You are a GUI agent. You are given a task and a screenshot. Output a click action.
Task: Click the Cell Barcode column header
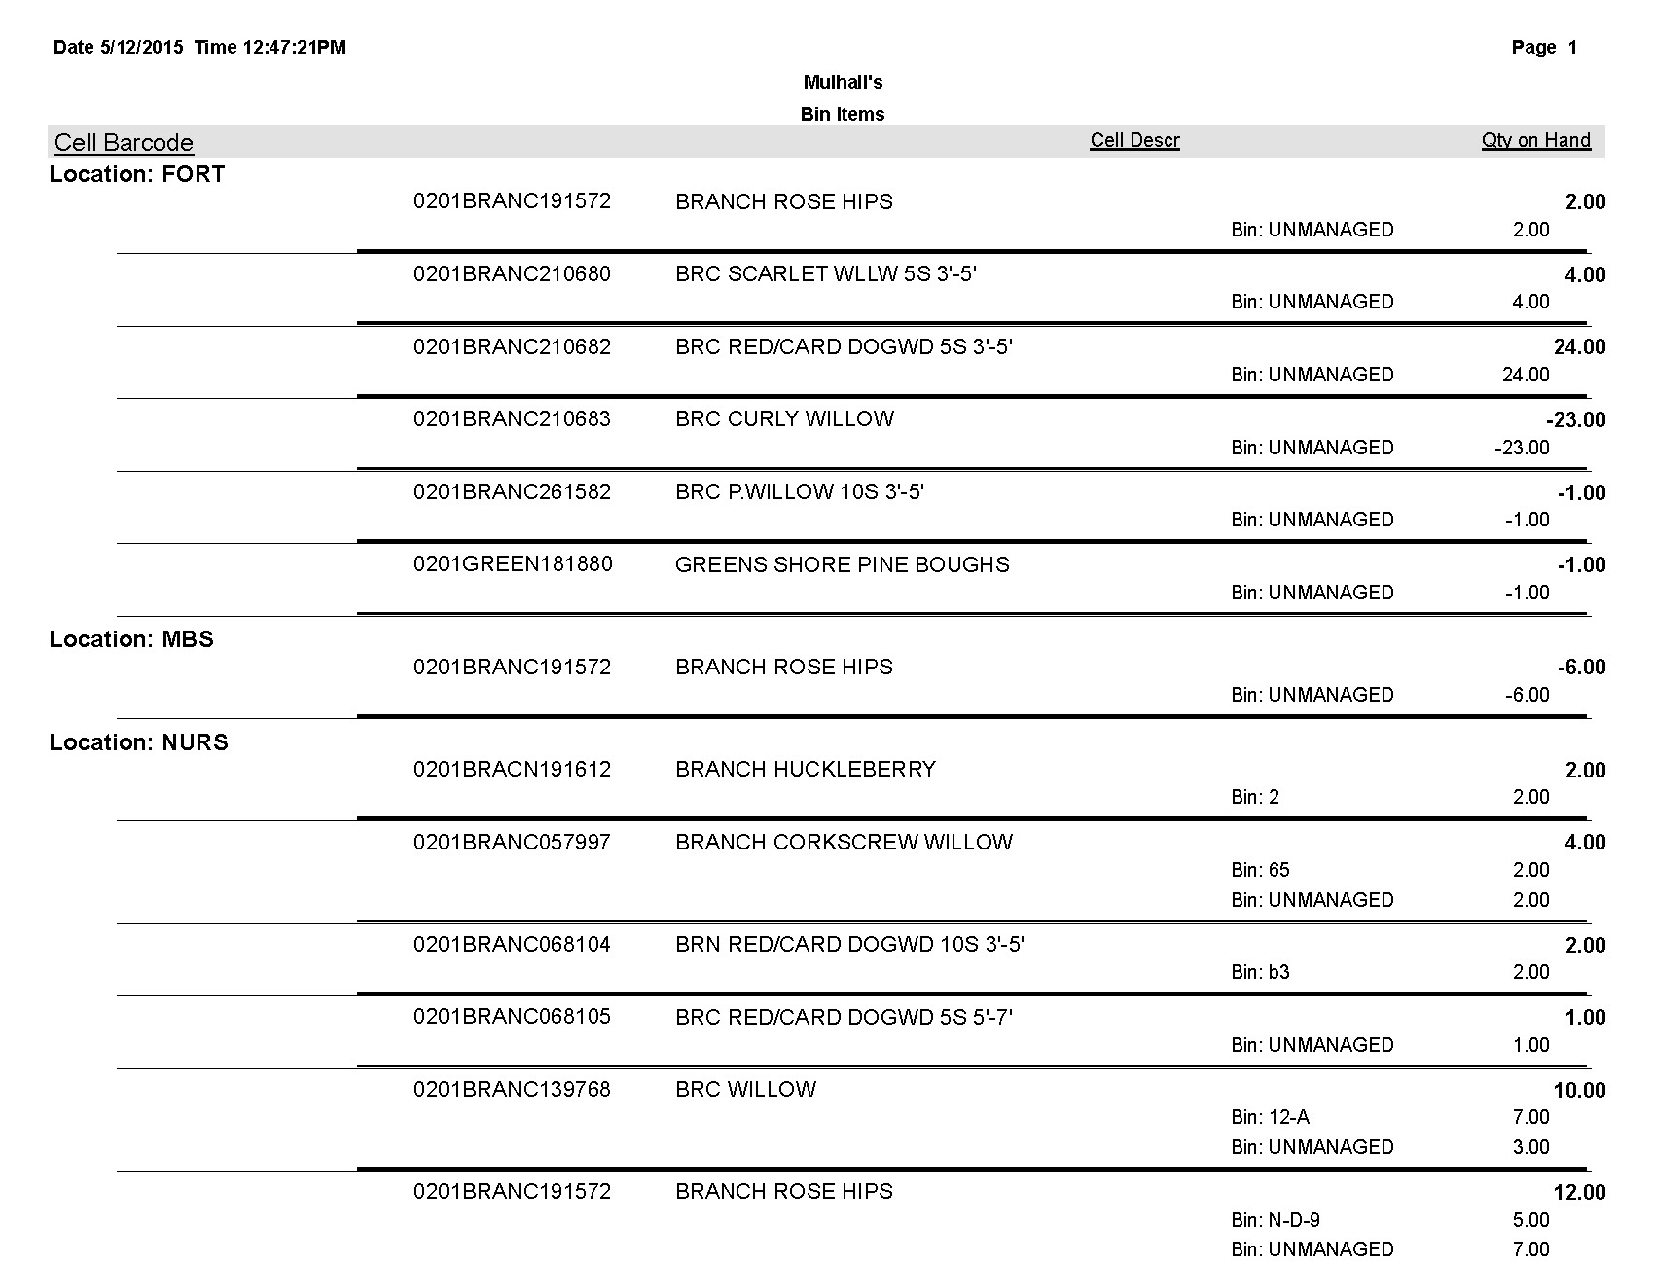pyautogui.click(x=124, y=143)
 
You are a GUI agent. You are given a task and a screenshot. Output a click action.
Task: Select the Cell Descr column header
pyautogui.click(x=1134, y=140)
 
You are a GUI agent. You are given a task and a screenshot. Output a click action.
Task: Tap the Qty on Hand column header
pyautogui.click(x=1535, y=140)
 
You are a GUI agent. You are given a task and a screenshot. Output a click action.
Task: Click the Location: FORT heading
pyautogui.click(x=137, y=174)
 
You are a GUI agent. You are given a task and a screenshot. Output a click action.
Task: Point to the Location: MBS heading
pyautogui.click(x=131, y=639)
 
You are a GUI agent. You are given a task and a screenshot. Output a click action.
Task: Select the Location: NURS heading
pyautogui.click(x=139, y=742)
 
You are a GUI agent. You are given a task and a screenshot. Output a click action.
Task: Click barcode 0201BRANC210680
pyautogui.click(x=512, y=274)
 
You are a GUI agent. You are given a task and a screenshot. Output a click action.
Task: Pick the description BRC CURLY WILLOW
pyautogui.click(x=784, y=419)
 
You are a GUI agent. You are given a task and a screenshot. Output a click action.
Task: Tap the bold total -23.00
pyautogui.click(x=1575, y=420)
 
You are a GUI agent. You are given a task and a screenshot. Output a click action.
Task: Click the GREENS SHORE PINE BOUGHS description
pyautogui.click(x=842, y=564)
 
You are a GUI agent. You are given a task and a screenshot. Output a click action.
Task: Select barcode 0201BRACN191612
pyautogui.click(x=512, y=770)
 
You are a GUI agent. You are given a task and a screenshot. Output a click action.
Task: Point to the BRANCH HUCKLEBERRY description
pyautogui.click(x=806, y=770)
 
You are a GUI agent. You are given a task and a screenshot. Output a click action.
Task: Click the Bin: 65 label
pyautogui.click(x=1260, y=870)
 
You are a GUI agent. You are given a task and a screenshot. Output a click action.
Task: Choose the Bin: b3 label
pyautogui.click(x=1260, y=972)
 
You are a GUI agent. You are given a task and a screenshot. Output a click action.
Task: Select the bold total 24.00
pyautogui.click(x=1579, y=347)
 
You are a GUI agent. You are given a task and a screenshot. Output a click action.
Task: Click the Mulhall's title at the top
pyautogui.click(x=843, y=83)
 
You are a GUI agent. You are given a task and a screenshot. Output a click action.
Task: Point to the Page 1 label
pyautogui.click(x=1544, y=48)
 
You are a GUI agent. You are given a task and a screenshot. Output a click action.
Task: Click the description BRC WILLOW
pyautogui.click(x=745, y=1090)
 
